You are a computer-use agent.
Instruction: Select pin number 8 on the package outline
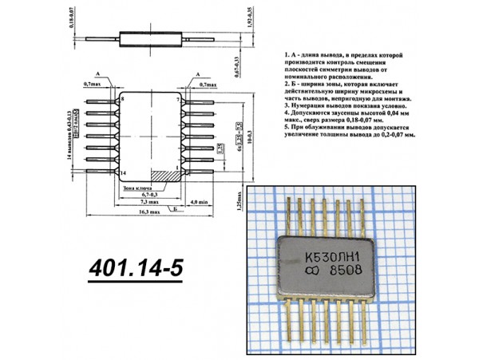tap(122, 100)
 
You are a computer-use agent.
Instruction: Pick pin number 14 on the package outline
tap(122, 173)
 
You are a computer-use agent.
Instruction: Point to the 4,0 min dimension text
tap(200, 202)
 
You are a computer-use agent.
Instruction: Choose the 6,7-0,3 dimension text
tap(149, 193)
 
